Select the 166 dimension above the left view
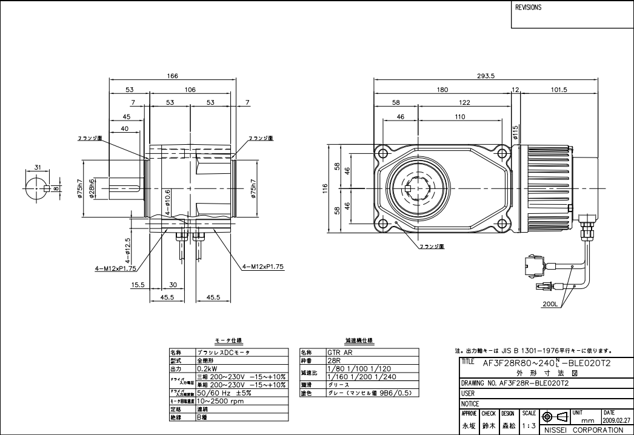173,76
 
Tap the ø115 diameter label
516,131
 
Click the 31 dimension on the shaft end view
37,167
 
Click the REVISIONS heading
528,8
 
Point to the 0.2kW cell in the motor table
207,368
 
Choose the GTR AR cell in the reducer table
337,351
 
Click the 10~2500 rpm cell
222,401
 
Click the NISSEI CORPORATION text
583,430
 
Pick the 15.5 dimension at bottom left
138,284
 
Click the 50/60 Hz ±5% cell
224,393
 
